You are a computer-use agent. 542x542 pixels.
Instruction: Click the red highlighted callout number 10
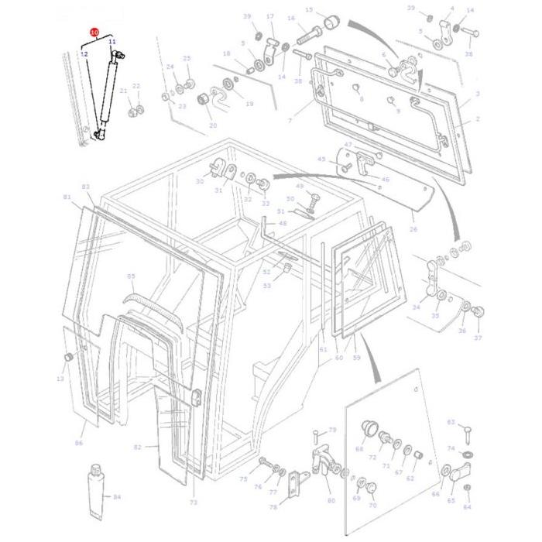(94, 33)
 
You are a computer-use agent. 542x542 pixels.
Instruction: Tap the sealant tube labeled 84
(97, 492)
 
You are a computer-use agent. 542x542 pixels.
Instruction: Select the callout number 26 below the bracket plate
(413, 229)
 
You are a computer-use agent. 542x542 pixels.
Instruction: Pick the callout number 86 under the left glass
(79, 443)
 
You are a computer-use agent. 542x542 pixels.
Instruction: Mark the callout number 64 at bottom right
(467, 508)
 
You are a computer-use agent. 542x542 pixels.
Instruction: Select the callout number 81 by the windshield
(67, 197)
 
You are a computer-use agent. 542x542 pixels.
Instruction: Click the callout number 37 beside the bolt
(478, 338)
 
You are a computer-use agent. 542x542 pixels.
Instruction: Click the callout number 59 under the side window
(356, 358)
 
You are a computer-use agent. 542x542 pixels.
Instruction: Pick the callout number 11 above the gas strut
(111, 41)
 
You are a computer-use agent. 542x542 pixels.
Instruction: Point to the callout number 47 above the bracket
(348, 145)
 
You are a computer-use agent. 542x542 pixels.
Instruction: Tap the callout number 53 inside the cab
(267, 286)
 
